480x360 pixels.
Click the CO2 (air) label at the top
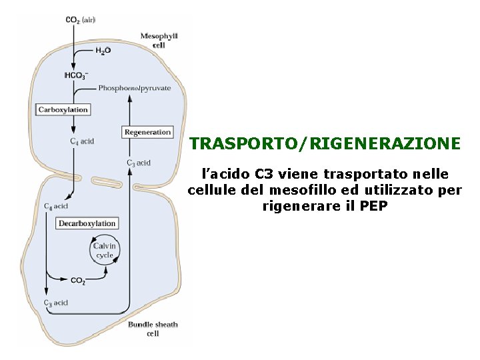79,20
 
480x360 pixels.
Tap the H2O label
103,50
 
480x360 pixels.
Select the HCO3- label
75,75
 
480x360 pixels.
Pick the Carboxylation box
63,109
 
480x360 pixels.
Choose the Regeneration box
147,132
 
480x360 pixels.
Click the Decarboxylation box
87,223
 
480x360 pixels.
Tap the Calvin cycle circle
105,251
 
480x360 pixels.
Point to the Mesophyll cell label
158,39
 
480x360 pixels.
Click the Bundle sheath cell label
153,329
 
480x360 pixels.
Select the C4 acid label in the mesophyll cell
82,141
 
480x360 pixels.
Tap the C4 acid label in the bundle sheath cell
55,207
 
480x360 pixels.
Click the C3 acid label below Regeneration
139,163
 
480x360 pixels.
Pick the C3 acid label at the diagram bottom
56,303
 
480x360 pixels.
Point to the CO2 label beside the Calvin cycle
78,281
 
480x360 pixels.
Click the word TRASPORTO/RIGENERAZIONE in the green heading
325,144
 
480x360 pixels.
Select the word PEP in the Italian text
373,205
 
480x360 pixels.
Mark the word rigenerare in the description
300,205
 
